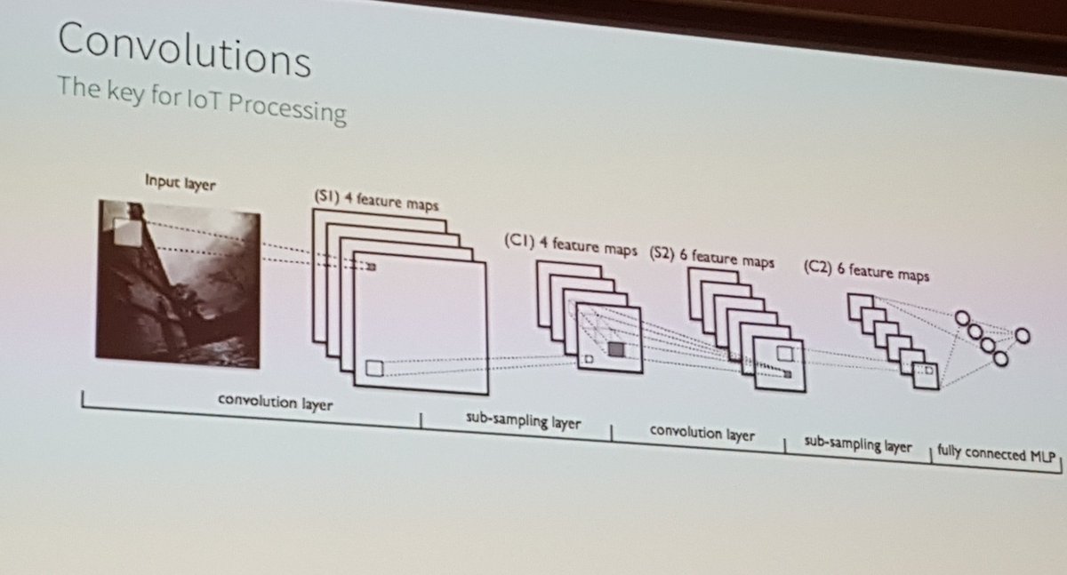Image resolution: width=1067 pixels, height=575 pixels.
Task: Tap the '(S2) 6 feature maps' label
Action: (711, 257)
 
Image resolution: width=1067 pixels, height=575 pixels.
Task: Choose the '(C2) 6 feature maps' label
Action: (866, 270)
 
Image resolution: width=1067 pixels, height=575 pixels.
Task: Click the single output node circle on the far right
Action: (1023, 336)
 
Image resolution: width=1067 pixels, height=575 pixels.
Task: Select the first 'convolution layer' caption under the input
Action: (276, 403)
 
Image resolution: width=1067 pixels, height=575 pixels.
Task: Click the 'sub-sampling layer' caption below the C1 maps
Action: (524, 422)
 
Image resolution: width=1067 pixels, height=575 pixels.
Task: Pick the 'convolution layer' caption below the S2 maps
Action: (702, 435)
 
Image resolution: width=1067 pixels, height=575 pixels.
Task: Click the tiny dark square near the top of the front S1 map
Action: (372, 266)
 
